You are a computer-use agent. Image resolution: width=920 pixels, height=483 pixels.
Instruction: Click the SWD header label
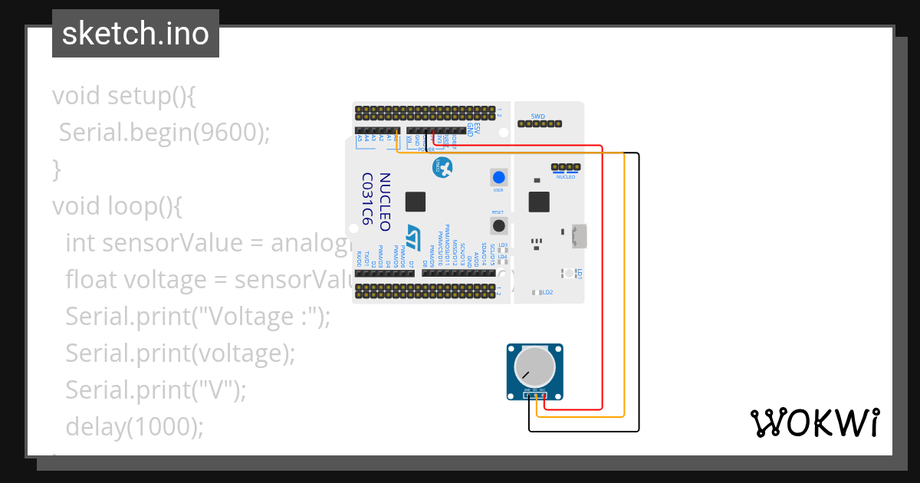(537, 117)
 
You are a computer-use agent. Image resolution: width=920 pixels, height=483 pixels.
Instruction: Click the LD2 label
(548, 292)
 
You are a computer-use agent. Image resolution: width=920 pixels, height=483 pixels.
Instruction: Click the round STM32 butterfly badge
(441, 166)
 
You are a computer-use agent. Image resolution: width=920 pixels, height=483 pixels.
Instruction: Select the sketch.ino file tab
(136, 34)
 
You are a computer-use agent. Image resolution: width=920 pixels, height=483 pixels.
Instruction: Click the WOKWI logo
(814, 422)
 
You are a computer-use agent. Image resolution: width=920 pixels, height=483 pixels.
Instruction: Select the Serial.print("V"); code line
(156, 389)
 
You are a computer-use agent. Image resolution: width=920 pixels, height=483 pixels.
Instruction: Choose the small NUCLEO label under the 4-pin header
(565, 176)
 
